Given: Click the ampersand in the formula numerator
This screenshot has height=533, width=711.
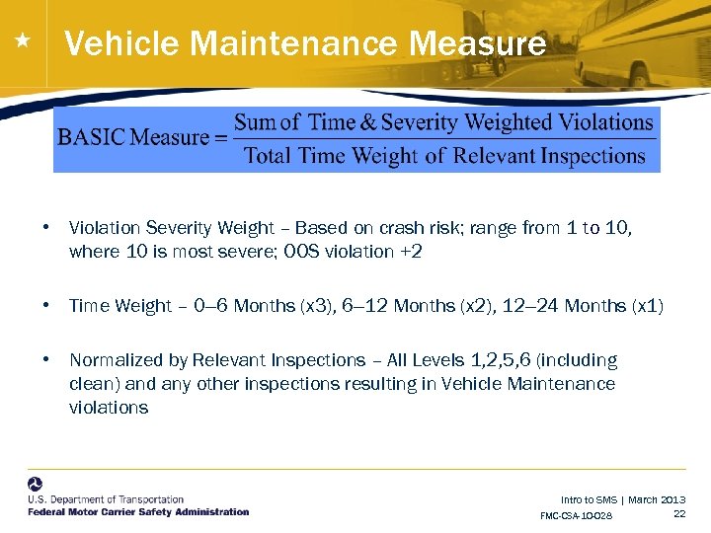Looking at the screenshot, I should pyautogui.click(x=367, y=122).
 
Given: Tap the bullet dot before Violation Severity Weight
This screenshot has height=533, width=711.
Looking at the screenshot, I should pyautogui.click(x=46, y=228).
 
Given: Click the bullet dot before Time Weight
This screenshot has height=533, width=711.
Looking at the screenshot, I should pyautogui.click(x=46, y=306).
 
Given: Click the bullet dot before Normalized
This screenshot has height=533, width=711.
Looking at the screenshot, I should pyautogui.click(x=46, y=360).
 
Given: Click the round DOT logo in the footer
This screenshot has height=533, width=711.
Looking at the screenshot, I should pyautogui.click(x=36, y=486).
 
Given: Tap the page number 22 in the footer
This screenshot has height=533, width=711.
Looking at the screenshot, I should pyautogui.click(x=678, y=513).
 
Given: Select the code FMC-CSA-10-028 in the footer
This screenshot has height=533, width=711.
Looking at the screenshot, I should pyautogui.click(x=577, y=516).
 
